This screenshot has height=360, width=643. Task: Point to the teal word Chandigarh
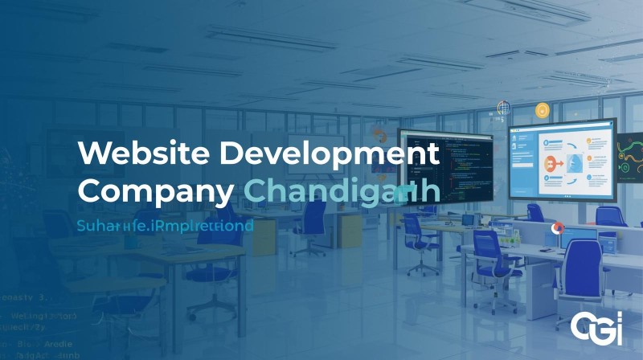pos(341,192)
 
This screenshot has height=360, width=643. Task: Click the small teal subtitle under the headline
pos(166,226)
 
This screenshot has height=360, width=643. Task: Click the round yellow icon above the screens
pos(543,109)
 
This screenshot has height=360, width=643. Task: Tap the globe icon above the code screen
pos(504,108)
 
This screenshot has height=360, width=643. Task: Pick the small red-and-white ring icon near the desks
pos(555,229)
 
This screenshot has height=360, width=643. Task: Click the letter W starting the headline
pos(92,153)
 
